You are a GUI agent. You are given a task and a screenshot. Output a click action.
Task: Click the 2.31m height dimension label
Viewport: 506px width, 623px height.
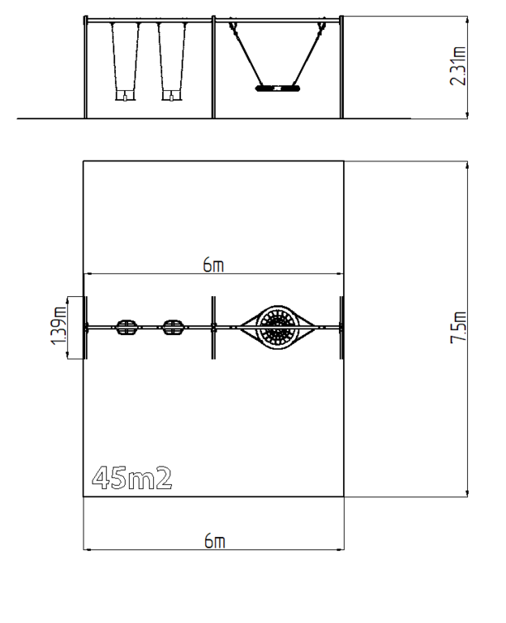(x=458, y=66)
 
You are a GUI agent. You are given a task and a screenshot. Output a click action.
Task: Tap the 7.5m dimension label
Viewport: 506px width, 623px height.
(x=458, y=328)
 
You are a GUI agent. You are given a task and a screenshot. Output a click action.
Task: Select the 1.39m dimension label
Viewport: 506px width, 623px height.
(x=58, y=326)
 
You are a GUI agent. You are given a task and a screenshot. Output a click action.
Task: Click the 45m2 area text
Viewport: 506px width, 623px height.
(x=132, y=478)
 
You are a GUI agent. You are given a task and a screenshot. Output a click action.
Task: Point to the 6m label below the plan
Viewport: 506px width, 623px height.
(x=214, y=541)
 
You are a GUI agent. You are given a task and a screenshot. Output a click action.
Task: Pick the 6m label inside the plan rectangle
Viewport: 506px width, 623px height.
(x=213, y=264)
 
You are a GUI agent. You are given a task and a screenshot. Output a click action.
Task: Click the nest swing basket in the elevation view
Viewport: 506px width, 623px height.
(x=277, y=88)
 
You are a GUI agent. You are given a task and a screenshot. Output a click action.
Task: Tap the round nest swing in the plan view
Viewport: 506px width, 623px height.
(x=277, y=328)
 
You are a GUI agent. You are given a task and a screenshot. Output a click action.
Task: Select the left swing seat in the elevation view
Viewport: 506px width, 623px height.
(x=126, y=96)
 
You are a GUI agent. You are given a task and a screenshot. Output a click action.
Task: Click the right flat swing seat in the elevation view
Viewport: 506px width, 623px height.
(x=173, y=96)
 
